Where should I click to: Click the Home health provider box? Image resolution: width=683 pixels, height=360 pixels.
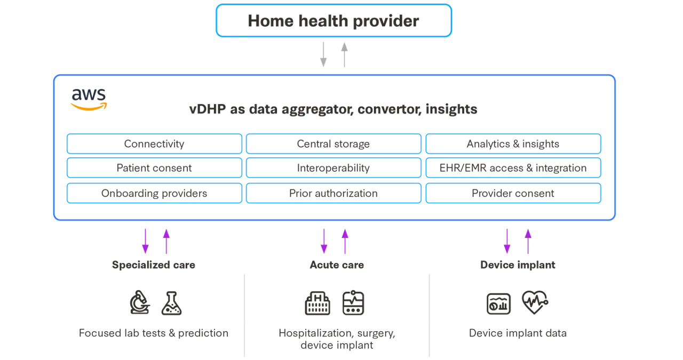pos(333,21)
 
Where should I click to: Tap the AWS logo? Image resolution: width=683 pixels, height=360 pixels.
pos(89,99)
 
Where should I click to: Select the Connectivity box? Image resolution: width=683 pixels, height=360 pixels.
pos(154,143)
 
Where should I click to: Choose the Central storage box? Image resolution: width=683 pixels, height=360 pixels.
pos(333,143)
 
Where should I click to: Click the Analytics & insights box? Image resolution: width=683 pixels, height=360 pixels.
pos(513,143)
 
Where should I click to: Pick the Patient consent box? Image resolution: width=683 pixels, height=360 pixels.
pos(154,168)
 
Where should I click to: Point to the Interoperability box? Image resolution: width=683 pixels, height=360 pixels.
pos(333,168)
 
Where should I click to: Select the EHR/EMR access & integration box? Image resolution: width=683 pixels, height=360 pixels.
pos(513,168)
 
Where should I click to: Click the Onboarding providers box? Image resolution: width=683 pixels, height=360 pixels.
pos(154,193)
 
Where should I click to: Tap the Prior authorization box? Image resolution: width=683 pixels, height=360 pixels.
pos(333,193)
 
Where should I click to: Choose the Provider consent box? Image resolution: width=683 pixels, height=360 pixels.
pos(513,193)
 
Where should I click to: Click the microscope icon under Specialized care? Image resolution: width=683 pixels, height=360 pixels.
pos(140,302)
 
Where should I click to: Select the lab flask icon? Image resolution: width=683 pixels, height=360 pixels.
pos(171,302)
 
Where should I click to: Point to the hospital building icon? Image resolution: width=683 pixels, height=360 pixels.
pos(317,303)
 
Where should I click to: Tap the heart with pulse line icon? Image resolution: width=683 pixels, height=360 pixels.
pos(534,302)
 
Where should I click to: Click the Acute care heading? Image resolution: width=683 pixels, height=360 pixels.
pos(337,265)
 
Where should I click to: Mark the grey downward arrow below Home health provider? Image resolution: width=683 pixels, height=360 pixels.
pos(323,54)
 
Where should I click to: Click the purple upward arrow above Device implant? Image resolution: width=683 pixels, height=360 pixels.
pos(528,241)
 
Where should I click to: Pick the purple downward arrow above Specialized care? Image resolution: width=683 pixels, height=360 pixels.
pos(145,241)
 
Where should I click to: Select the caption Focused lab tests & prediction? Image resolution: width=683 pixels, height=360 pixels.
pos(154,333)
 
